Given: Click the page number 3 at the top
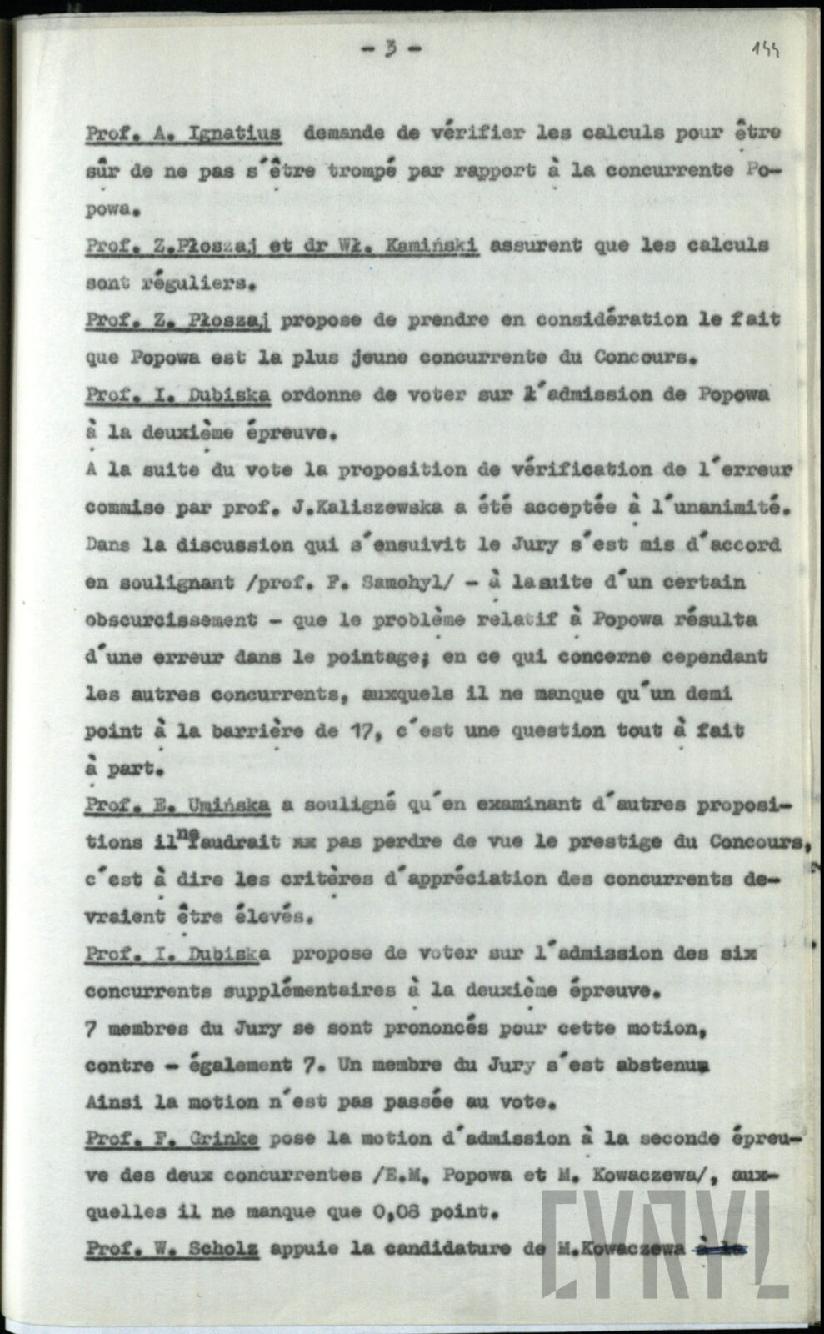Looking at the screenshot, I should coord(390,48).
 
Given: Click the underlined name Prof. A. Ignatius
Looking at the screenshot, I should coord(182,133).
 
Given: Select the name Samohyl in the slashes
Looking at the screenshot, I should coord(399,582).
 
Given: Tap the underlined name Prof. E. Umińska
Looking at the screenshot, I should coord(177,805).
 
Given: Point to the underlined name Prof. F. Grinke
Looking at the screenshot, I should coord(171,1139).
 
